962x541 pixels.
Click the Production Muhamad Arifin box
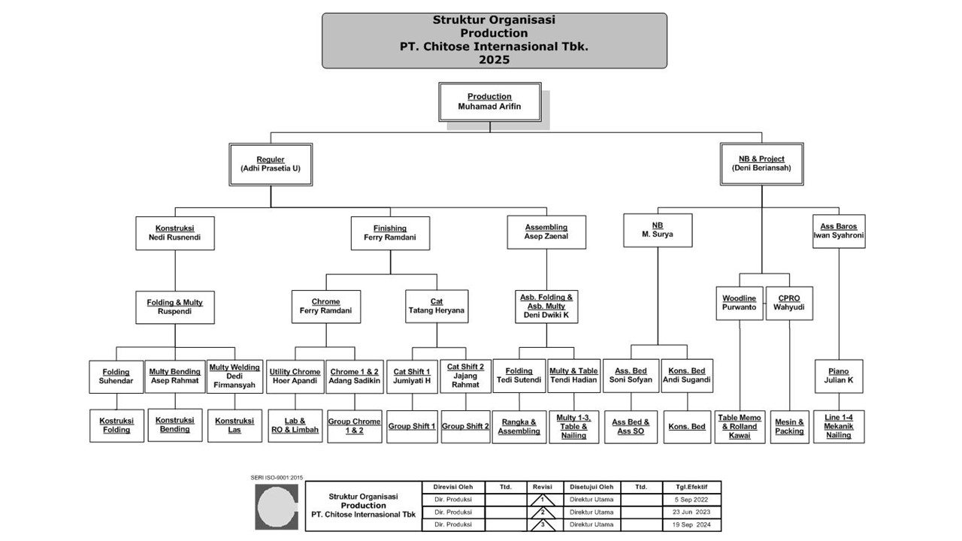pyautogui.click(x=489, y=102)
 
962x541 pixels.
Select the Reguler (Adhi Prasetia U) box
pyautogui.click(x=271, y=164)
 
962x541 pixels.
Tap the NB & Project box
pyautogui.click(x=761, y=164)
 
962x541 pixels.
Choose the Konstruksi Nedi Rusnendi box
pyautogui.click(x=174, y=233)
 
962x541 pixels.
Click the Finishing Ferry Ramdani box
pyautogui.click(x=390, y=233)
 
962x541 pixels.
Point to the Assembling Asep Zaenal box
pyautogui.click(x=546, y=232)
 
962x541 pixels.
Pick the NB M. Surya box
pyautogui.click(x=658, y=229)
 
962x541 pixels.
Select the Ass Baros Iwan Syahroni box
pyautogui.click(x=838, y=231)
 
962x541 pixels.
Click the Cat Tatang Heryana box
pyautogui.click(x=436, y=306)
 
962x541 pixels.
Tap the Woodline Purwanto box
pyautogui.click(x=740, y=303)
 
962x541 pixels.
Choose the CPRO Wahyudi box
pyautogui.click(x=789, y=303)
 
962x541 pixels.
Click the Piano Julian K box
pyautogui.click(x=838, y=376)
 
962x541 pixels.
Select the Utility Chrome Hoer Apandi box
pyautogui.click(x=295, y=376)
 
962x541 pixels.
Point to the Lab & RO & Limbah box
pyautogui.click(x=295, y=426)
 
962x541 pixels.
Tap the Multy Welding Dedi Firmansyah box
pyautogui.click(x=234, y=376)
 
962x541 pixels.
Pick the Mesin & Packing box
pyautogui.click(x=789, y=426)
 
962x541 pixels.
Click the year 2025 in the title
pyautogui.click(x=494, y=59)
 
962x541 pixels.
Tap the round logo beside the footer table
pyautogui.click(x=277, y=506)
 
